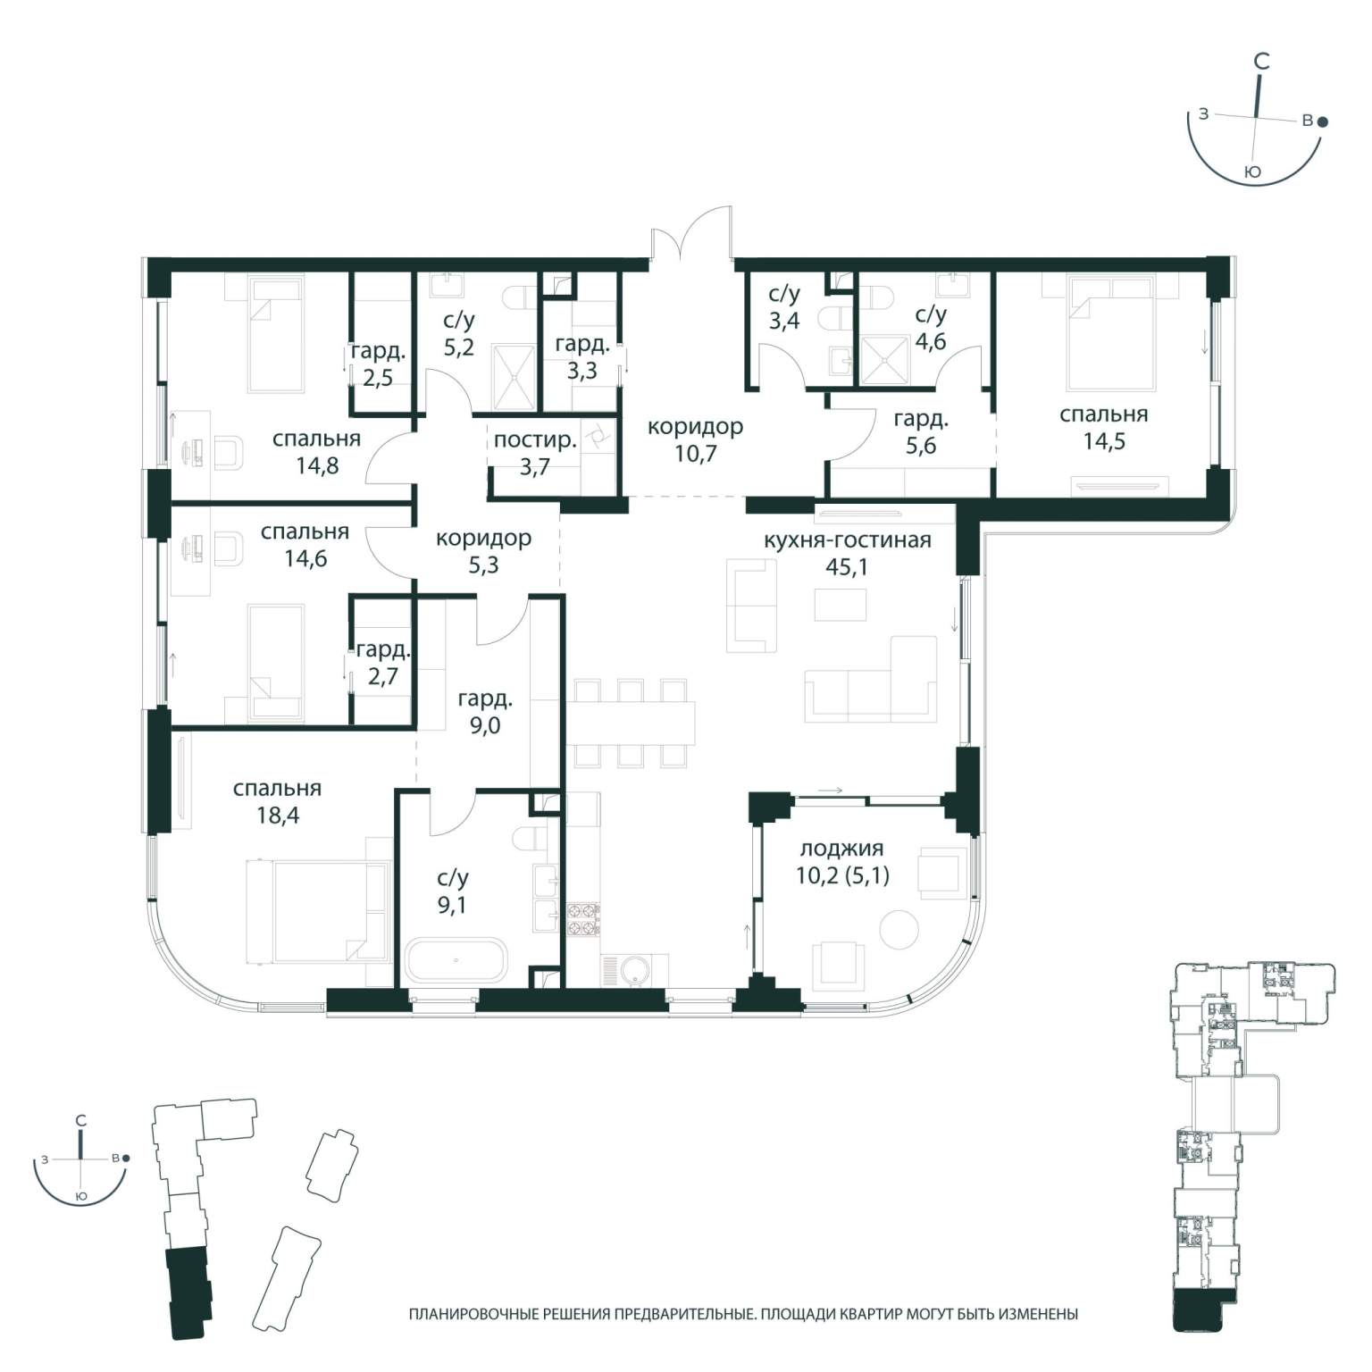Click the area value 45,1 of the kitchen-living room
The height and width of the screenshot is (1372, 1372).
pyautogui.click(x=848, y=567)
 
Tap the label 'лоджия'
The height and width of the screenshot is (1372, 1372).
pyautogui.click(x=841, y=849)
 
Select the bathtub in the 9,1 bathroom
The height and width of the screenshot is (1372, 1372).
pyautogui.click(x=456, y=961)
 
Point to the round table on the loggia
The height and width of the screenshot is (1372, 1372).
pyautogui.click(x=899, y=930)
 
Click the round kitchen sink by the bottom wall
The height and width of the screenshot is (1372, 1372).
pyautogui.click(x=635, y=970)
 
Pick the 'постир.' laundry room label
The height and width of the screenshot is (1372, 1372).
pyautogui.click(x=535, y=439)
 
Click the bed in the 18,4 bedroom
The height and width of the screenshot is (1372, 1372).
pyautogui.click(x=319, y=912)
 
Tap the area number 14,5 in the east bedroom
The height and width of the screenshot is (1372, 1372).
pyautogui.click(x=1104, y=441)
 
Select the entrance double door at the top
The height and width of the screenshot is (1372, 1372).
pyautogui.click(x=692, y=234)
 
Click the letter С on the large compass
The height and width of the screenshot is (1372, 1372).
pyautogui.click(x=1261, y=62)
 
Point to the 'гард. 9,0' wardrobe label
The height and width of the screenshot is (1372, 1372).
pyautogui.click(x=485, y=712)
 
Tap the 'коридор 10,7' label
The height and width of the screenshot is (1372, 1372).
pyautogui.click(x=695, y=439)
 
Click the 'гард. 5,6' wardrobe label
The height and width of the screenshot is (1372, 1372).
pyautogui.click(x=921, y=431)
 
